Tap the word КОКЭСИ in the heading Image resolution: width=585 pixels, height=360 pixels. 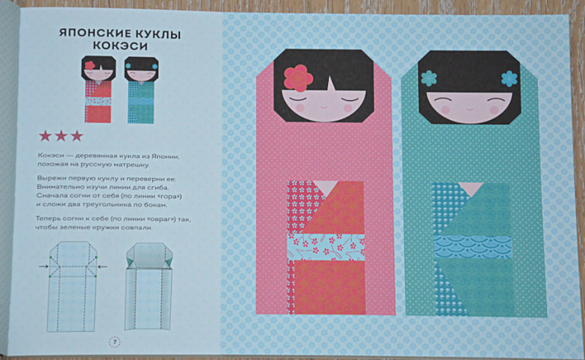(120, 46)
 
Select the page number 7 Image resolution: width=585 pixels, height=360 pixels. (115, 342)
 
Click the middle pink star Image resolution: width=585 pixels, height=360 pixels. (61, 136)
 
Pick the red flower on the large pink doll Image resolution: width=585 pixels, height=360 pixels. (298, 78)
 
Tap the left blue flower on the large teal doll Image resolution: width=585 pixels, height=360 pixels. (428, 78)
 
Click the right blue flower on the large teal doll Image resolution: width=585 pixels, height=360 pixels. (509, 78)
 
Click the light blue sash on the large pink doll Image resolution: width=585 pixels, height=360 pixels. (326, 247)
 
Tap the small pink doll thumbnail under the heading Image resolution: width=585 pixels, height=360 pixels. (98, 90)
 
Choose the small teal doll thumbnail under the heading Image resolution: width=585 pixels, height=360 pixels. (141, 90)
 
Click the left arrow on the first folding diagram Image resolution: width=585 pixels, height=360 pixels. (43, 267)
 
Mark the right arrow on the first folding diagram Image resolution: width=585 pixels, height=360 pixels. (103, 267)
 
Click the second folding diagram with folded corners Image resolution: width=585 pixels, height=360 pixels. (149, 286)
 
